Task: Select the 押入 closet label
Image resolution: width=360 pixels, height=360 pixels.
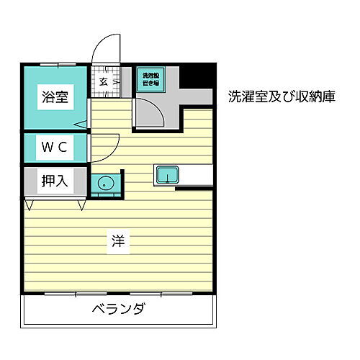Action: (x=54, y=181)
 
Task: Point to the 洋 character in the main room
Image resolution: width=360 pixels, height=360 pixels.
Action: (x=118, y=242)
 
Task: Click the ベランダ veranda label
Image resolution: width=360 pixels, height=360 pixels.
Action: (x=119, y=310)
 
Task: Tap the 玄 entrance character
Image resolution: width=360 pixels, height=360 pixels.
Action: (x=104, y=81)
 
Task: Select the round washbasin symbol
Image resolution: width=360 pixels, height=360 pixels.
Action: (x=106, y=183)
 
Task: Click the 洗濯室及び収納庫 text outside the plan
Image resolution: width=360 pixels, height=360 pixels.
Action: (x=282, y=96)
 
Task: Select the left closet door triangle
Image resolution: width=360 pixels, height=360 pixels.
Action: (x=30, y=205)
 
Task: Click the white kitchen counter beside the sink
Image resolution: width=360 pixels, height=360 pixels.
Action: (x=198, y=175)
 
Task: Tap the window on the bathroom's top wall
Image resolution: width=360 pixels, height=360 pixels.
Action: (x=55, y=64)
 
